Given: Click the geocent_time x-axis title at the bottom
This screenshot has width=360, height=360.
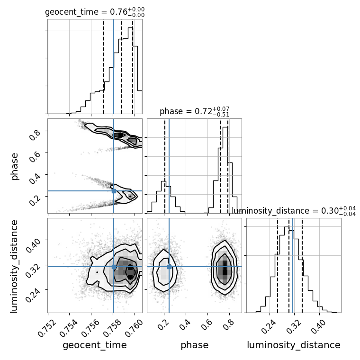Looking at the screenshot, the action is click(95, 345).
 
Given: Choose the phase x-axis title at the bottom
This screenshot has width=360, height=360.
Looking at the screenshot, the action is click(195, 345).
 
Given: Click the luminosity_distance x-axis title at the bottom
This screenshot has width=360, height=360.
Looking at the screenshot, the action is click(294, 345).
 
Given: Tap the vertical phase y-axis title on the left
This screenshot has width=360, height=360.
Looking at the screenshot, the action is click(15, 167).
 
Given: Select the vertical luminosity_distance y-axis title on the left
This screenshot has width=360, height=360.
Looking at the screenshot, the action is click(14, 266).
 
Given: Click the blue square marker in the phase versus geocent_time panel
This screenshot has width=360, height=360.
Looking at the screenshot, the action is click(114, 191).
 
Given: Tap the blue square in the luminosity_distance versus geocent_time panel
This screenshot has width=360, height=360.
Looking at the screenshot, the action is click(114, 267).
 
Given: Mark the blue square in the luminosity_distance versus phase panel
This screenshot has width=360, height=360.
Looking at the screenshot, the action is click(169, 267).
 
